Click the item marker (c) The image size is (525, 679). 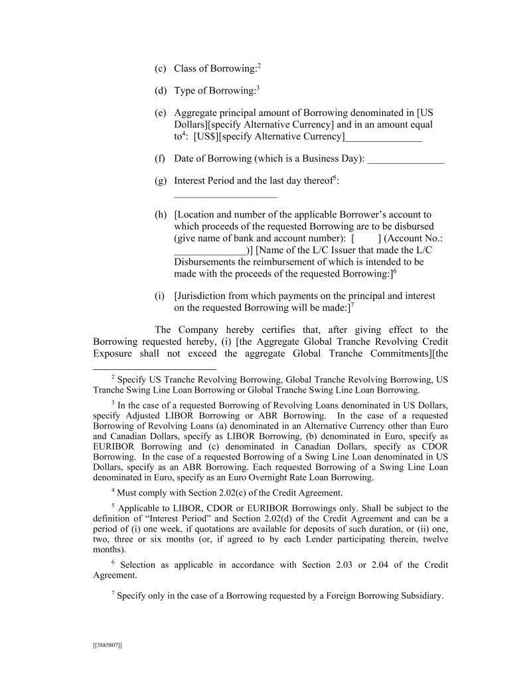tap(160, 69)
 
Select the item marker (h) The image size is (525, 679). tap(160, 215)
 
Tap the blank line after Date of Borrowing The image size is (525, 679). tap(406, 163)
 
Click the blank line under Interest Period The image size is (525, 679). tap(225, 197)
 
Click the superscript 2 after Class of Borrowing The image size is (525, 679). tap(259, 66)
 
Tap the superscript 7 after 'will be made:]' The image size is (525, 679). tap(352, 304)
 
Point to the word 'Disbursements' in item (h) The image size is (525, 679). tap(206, 262)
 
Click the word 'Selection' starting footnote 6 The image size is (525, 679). tap(141, 565)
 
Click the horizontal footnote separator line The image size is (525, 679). tap(155, 369)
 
